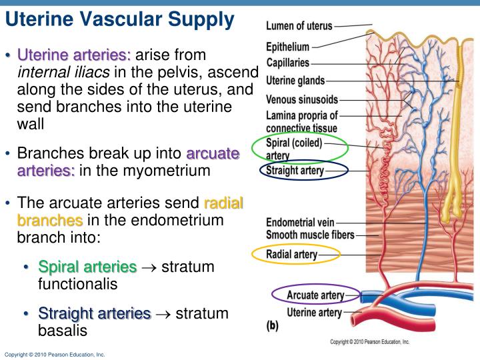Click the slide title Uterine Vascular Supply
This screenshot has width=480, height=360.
coord(119,20)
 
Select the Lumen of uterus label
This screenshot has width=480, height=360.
coord(299,27)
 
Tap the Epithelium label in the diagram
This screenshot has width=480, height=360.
coord(288,47)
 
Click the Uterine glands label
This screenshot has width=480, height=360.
coord(295,81)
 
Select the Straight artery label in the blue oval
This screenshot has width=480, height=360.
coord(295,171)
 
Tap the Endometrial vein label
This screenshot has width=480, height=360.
coord(300,221)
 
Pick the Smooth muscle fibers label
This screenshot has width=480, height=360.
coord(310,234)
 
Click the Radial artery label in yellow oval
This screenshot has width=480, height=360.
coord(292,254)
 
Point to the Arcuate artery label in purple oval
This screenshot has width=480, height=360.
coord(315,295)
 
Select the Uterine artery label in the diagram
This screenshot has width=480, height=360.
coord(314,312)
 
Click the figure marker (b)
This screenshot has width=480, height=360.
coord(273,327)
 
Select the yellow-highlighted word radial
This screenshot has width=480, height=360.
coord(223,203)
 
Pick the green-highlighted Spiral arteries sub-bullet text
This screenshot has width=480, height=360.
coord(87,267)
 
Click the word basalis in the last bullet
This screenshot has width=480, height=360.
coord(63,330)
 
